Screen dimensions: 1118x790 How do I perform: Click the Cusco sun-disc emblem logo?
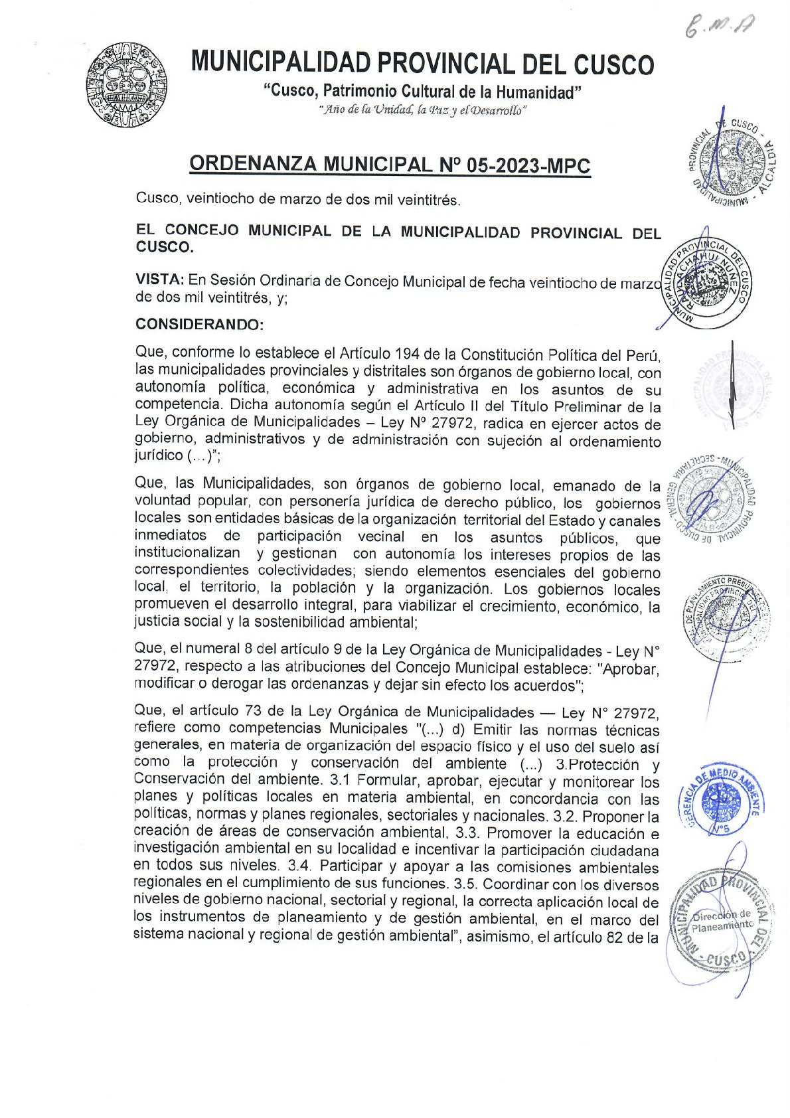point(125,86)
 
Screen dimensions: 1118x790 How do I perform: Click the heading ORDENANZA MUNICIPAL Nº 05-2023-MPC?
point(390,165)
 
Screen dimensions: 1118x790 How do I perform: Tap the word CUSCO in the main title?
point(613,64)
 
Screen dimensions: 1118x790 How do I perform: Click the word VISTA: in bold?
point(159,280)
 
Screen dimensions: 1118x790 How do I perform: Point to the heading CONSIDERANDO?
point(200,325)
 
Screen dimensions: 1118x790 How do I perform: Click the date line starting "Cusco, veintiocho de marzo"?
point(297,199)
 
